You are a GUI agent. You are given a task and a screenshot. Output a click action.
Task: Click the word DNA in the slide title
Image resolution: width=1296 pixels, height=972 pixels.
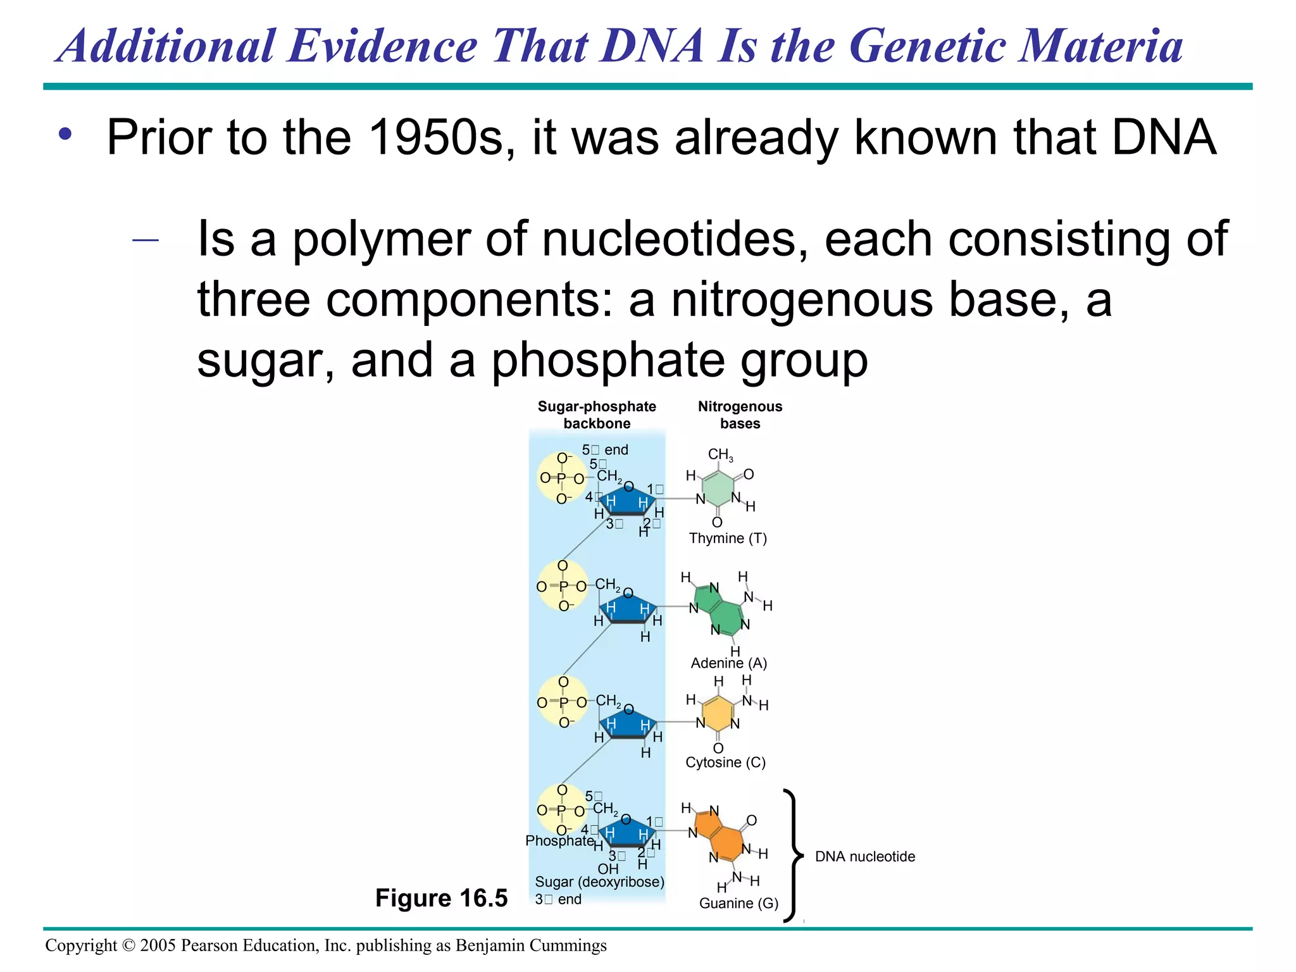(652, 47)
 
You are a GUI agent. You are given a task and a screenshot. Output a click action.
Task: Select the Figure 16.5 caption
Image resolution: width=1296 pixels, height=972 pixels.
(441, 898)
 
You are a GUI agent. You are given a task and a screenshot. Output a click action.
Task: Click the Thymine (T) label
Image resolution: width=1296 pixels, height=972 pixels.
(728, 539)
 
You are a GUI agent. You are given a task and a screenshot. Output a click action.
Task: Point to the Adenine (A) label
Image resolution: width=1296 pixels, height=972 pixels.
(728, 663)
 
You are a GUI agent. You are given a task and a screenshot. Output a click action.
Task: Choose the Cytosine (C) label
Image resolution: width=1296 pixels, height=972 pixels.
(725, 763)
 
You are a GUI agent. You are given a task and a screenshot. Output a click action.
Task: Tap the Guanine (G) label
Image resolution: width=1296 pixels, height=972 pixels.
(738, 904)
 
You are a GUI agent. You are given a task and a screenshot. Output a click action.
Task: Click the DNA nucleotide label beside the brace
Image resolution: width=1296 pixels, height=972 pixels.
(864, 857)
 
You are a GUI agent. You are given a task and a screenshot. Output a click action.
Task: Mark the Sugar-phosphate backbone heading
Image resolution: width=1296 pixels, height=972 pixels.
(597, 415)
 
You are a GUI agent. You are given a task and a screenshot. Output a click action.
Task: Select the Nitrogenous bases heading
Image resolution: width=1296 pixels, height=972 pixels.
(740, 415)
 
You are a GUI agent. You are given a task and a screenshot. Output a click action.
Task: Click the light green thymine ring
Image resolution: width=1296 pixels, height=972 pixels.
(718, 488)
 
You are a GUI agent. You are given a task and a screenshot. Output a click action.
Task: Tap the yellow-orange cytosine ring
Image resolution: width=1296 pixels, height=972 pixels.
(718, 714)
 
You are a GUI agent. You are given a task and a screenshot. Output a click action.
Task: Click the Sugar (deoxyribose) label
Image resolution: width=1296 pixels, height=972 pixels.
(599, 882)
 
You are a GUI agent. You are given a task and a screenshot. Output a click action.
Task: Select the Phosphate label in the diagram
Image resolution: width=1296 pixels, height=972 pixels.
(559, 841)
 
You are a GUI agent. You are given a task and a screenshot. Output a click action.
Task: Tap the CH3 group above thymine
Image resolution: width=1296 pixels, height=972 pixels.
(720, 455)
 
